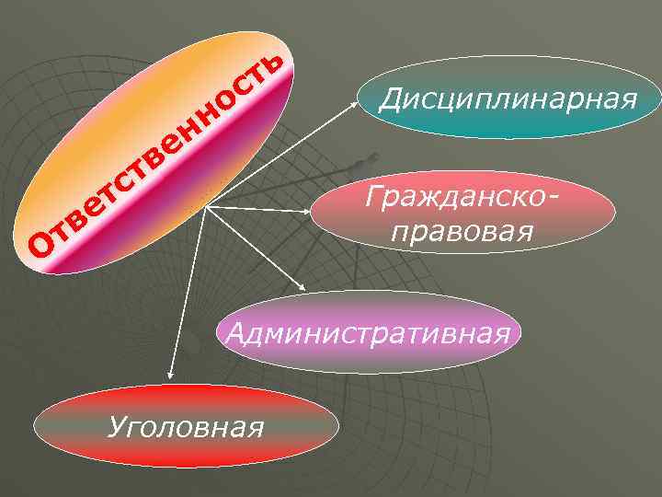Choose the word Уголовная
click(x=186, y=426)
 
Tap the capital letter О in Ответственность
click(x=43, y=244)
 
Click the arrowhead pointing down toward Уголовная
click(x=170, y=374)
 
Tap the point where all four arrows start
click(x=204, y=207)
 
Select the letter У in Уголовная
click(x=117, y=427)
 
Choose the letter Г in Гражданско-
click(x=372, y=195)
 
